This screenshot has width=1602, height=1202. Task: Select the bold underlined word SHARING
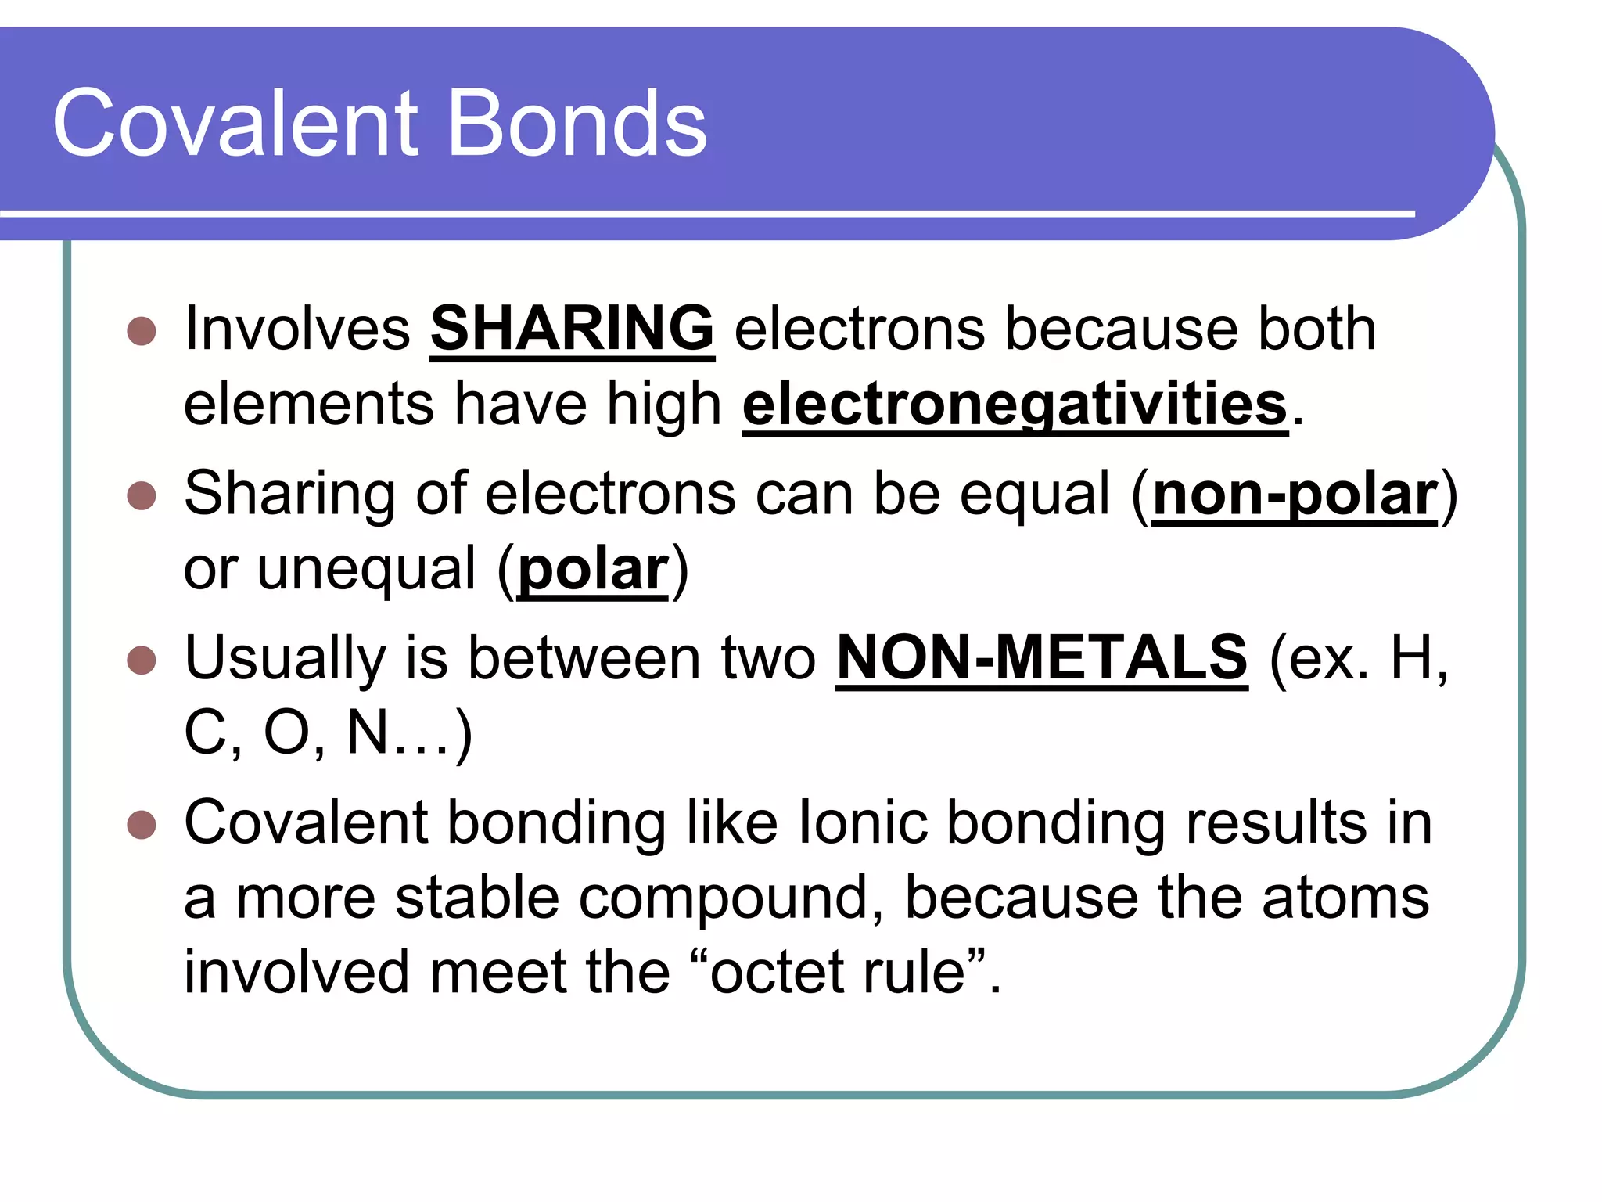click(x=572, y=329)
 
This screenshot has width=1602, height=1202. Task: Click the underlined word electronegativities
click(x=1015, y=404)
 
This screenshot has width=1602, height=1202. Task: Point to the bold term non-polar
click(x=1295, y=495)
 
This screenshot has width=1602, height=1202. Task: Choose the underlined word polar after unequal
click(x=593, y=569)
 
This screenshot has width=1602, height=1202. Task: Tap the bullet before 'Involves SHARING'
click(x=142, y=331)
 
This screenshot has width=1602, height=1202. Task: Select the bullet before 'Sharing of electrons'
click(x=142, y=496)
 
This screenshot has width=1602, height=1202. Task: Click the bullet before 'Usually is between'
click(x=142, y=660)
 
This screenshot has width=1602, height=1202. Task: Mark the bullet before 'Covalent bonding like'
click(x=142, y=824)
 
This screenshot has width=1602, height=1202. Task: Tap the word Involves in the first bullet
click(x=297, y=329)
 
